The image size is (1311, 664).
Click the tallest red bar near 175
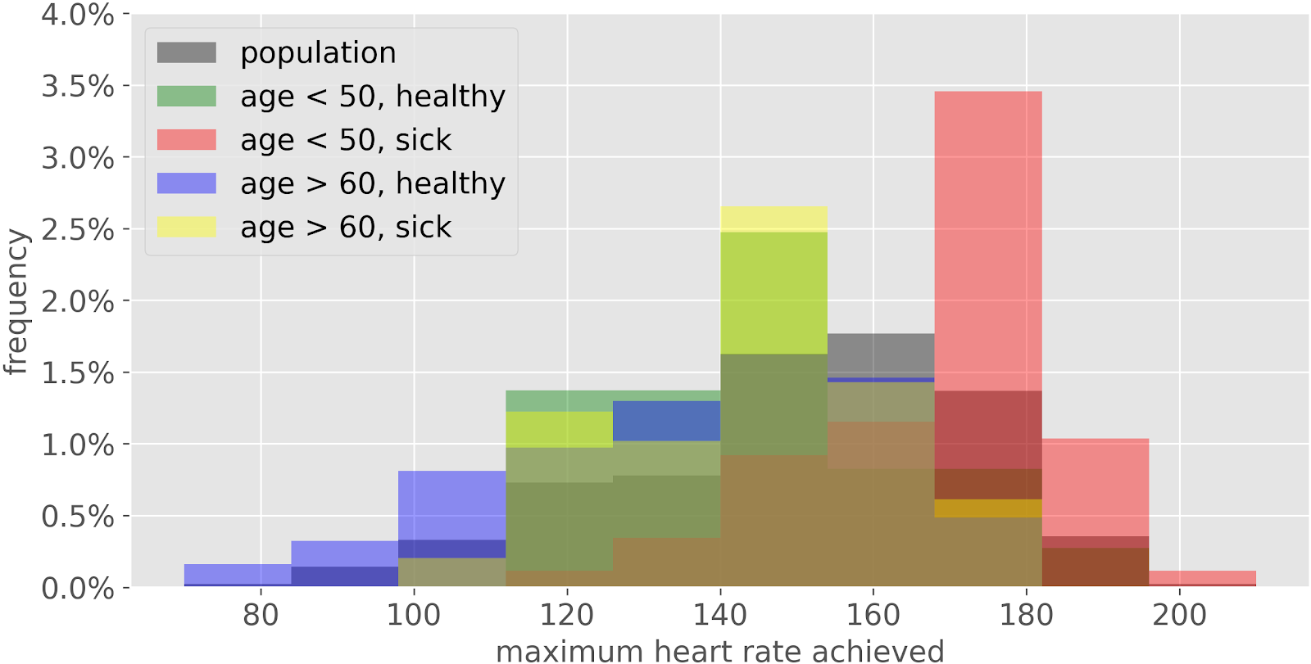coord(987,237)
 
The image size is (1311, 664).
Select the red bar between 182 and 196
coord(1095,487)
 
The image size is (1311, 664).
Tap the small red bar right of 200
coord(1202,578)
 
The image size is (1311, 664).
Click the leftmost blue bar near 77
coord(238,574)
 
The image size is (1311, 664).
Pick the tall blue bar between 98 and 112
coord(451,504)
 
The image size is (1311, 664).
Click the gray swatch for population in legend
coord(187,53)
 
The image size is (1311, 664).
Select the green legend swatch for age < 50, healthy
coord(187,97)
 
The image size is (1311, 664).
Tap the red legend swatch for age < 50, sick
coord(187,140)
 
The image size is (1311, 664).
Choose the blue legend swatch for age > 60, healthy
coord(187,183)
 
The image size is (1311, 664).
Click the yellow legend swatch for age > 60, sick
coord(187,227)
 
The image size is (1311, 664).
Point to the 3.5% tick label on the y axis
coord(78,86)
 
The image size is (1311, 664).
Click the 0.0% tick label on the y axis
coord(78,588)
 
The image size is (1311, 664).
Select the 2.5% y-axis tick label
coord(78,229)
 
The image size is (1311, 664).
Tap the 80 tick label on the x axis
coord(261,614)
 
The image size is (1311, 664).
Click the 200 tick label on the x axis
coord(1179,614)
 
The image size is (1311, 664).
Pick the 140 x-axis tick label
coord(720,614)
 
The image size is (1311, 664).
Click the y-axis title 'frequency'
coord(16,301)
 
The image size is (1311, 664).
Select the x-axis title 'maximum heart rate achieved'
coord(719,651)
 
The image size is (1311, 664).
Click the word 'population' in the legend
coord(318,53)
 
